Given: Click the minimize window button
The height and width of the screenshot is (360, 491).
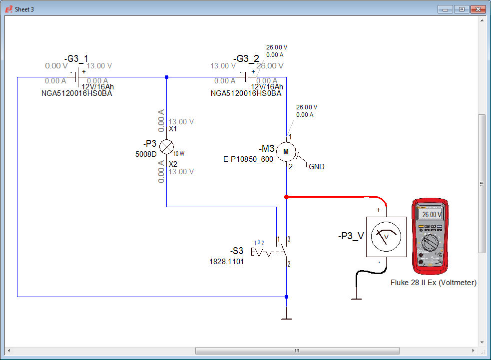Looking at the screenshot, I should [446, 9].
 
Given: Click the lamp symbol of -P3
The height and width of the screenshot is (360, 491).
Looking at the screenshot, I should [166, 146].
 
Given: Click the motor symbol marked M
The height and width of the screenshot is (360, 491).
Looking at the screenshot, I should [286, 151].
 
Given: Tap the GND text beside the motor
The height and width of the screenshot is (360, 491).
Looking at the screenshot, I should [317, 167].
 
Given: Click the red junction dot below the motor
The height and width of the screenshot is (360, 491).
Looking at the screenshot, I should [286, 197].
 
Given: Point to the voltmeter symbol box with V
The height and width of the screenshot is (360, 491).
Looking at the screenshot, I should [386, 237].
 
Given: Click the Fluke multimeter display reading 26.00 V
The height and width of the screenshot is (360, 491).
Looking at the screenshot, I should [431, 214].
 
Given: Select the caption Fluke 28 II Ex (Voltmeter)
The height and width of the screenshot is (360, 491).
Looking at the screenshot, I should [434, 283].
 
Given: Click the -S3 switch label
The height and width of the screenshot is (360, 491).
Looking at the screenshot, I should [237, 251].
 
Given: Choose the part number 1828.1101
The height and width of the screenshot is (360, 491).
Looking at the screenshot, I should [226, 261].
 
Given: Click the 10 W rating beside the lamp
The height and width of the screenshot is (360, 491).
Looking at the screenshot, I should [179, 154].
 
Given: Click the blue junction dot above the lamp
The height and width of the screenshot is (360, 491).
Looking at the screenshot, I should [166, 77].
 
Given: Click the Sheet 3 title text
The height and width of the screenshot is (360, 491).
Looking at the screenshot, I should [24, 9].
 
